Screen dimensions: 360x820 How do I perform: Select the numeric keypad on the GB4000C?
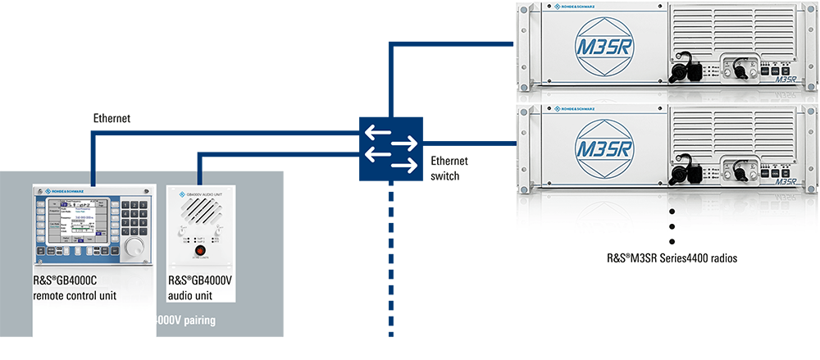pyautogui.click(x=130, y=215)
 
